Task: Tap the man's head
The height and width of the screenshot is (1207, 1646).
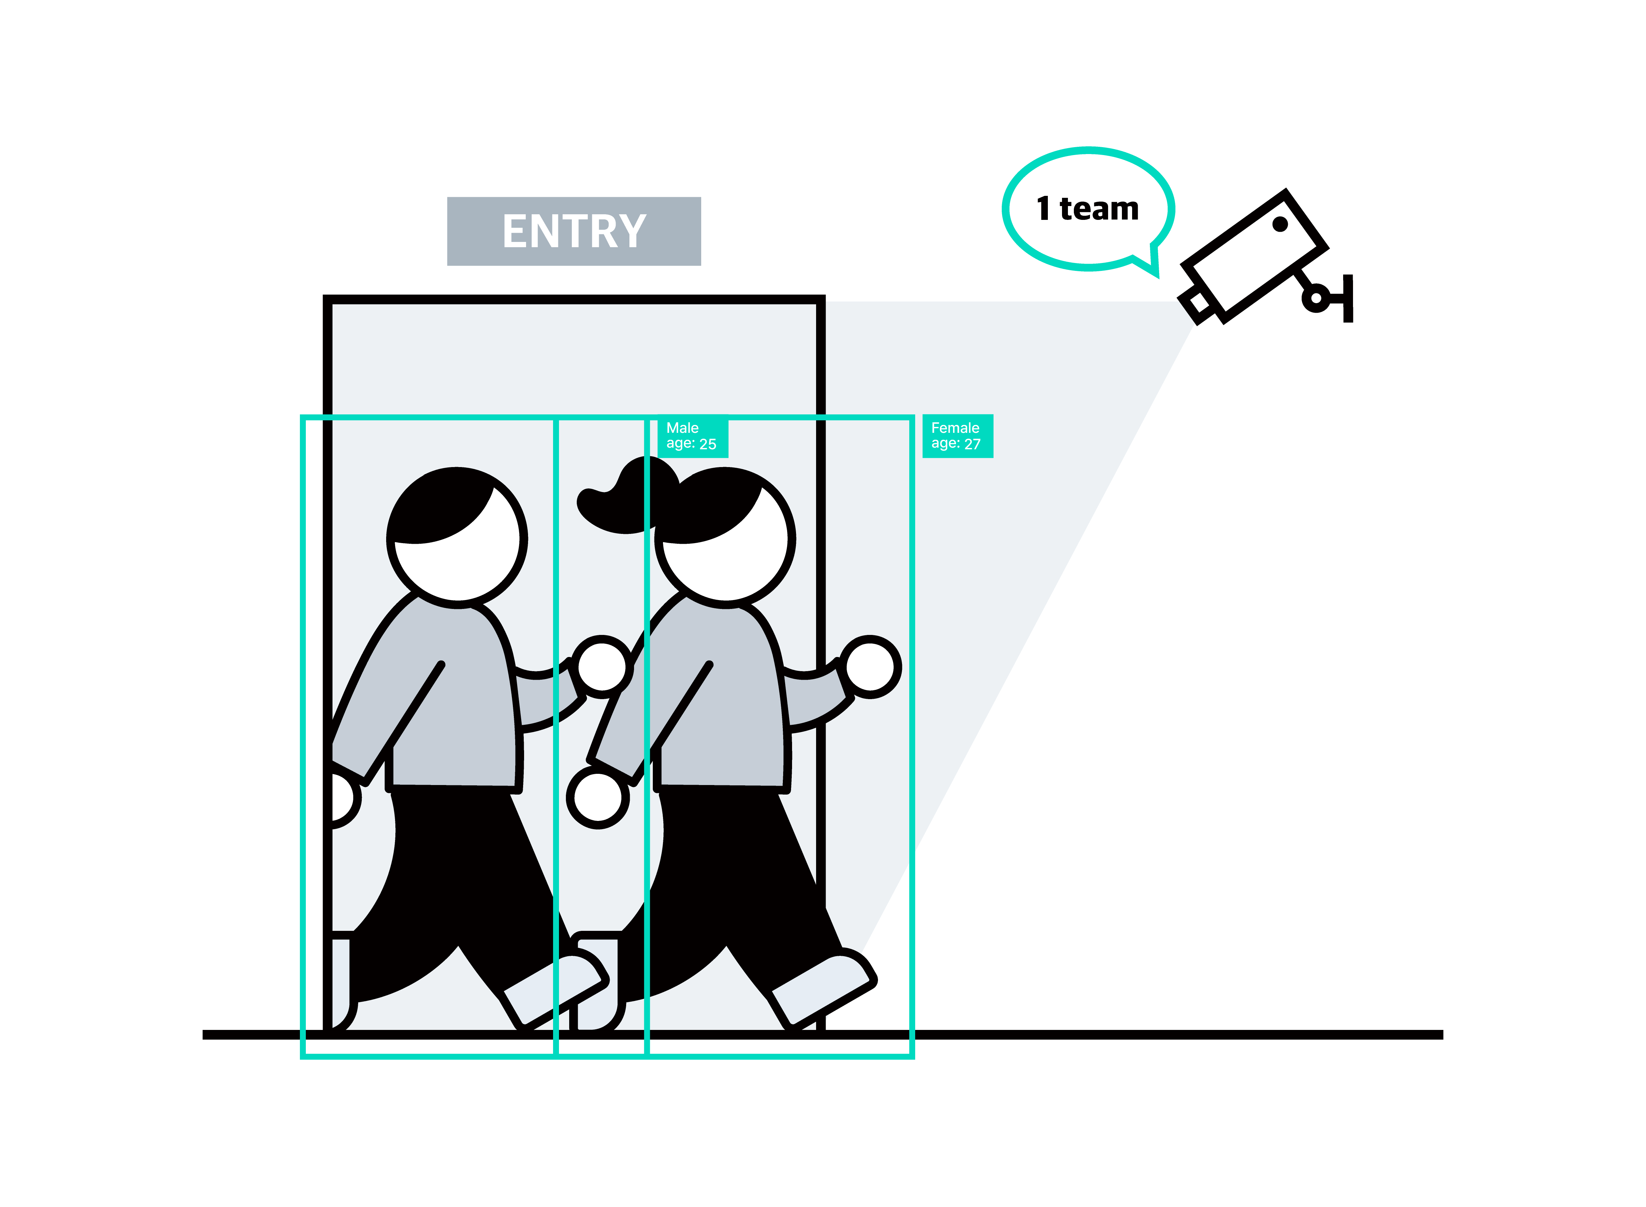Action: [x=457, y=537]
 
